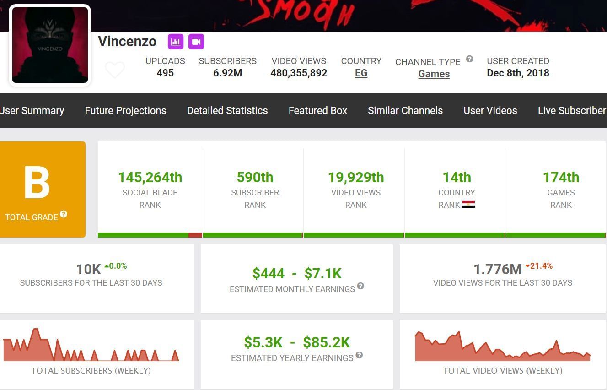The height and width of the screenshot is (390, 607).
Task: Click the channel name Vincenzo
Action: click(x=127, y=42)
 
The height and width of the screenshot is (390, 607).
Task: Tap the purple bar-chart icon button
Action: click(x=176, y=42)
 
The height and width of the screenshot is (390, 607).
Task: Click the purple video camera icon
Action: click(x=196, y=42)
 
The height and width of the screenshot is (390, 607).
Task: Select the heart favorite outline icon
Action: click(x=115, y=70)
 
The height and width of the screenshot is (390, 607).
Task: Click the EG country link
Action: click(x=361, y=73)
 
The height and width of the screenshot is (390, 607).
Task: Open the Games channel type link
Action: click(x=434, y=74)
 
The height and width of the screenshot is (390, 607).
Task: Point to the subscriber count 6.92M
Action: click(x=227, y=73)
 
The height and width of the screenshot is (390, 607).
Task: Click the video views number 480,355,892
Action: click(x=299, y=73)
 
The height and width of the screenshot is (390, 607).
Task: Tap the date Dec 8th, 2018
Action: click(x=518, y=73)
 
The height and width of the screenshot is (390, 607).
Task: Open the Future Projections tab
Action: click(x=125, y=110)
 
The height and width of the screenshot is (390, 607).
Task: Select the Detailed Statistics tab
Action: click(x=227, y=110)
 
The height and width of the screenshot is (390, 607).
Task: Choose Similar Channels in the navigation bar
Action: click(x=405, y=110)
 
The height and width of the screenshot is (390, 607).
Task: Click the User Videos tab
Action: click(x=490, y=110)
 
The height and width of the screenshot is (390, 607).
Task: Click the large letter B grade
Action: click(x=37, y=183)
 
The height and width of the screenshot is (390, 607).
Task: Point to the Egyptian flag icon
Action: click(x=468, y=205)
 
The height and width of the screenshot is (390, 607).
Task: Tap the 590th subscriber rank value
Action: click(x=255, y=177)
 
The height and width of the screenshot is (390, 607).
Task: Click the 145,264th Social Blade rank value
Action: click(x=150, y=177)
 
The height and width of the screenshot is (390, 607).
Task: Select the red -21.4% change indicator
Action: click(x=539, y=266)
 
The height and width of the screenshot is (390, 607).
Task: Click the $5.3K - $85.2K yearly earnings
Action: click(x=297, y=342)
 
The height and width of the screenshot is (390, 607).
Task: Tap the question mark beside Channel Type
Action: click(x=469, y=59)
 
